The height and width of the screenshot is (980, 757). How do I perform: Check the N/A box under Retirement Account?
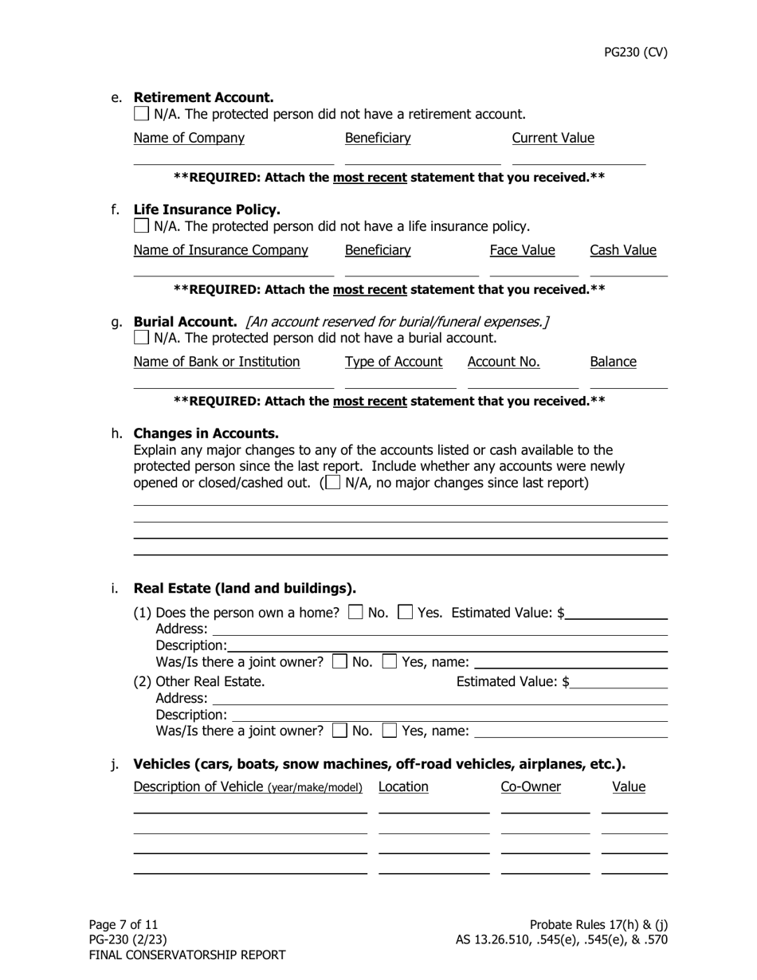(141, 114)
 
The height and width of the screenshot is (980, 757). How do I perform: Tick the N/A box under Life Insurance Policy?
(141, 226)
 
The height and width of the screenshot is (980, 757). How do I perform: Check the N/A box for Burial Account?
(141, 338)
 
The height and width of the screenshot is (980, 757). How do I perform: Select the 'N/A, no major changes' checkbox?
(333, 482)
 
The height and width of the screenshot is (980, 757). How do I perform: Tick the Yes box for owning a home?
(405, 613)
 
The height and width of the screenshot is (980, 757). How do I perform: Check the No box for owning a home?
(356, 613)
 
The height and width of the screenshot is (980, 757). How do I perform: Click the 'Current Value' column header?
(552, 138)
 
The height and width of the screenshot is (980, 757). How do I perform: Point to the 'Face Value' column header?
(522, 250)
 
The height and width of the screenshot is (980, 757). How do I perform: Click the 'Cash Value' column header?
(622, 250)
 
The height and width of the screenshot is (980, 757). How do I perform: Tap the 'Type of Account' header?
(393, 362)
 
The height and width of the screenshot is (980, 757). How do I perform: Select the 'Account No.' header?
(503, 362)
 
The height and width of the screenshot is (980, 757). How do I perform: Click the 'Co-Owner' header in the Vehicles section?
(530, 787)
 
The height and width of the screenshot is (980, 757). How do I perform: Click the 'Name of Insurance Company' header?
(220, 250)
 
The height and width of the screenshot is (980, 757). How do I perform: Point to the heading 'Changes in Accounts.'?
(206, 433)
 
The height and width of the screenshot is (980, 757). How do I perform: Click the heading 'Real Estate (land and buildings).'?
(244, 588)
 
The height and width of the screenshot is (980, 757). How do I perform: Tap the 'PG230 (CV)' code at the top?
(635, 53)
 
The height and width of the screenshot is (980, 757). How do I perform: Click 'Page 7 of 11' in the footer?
(124, 924)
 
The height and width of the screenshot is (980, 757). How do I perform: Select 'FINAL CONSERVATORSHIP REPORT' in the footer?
(186, 955)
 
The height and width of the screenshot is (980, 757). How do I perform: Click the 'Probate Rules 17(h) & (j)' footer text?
(598, 924)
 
